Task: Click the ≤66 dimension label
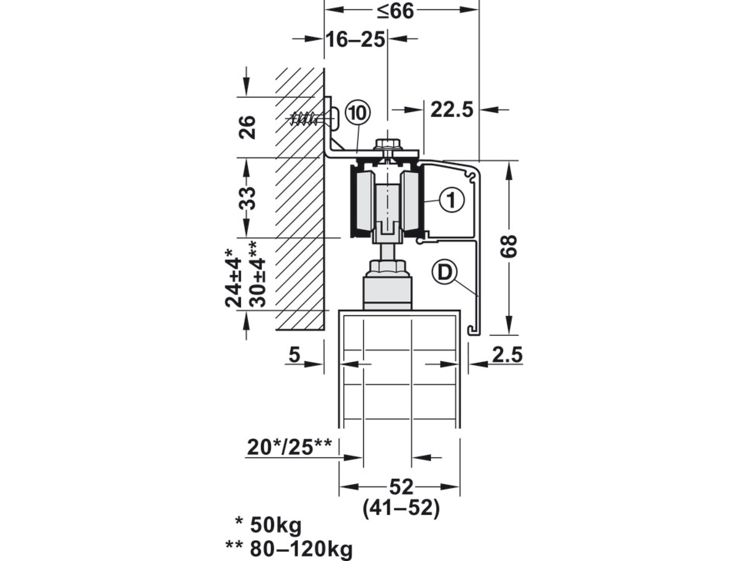[x=395, y=11]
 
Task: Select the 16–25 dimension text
[x=355, y=40]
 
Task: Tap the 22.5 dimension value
[x=452, y=110]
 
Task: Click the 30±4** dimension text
[x=258, y=274]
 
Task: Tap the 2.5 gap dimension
[x=507, y=355]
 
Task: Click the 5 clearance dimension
[x=294, y=355]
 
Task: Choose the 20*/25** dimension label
[x=289, y=447]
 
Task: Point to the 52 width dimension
[x=401, y=487]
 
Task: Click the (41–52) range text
[x=401, y=508]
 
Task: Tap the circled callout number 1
[x=452, y=200]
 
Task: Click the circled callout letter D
[x=444, y=273]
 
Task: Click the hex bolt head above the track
[x=388, y=145]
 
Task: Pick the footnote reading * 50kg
[x=268, y=526]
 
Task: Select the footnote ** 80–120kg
[x=289, y=549]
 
